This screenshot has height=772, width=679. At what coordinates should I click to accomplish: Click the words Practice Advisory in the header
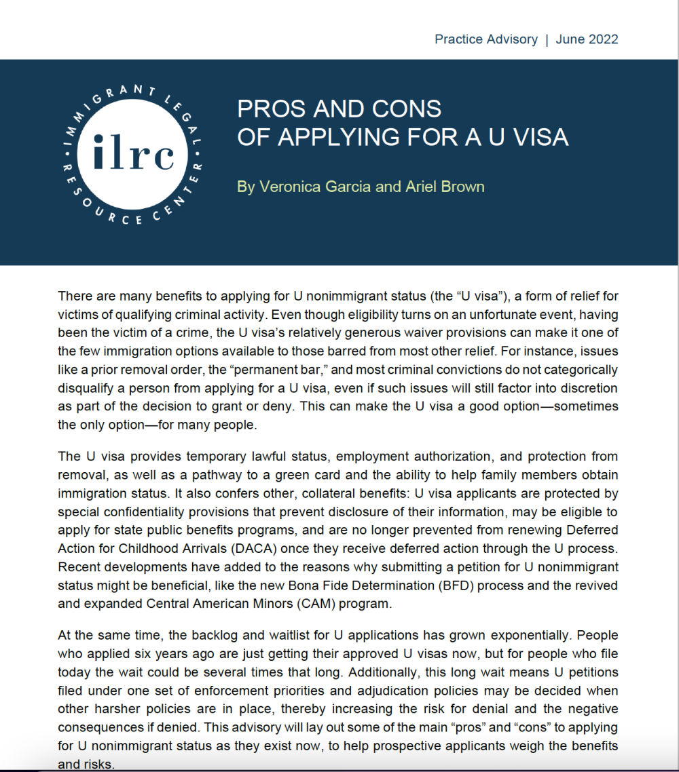point(486,39)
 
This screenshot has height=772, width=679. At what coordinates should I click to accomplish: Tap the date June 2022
point(587,39)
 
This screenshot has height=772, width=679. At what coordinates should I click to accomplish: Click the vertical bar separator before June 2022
point(547,39)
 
